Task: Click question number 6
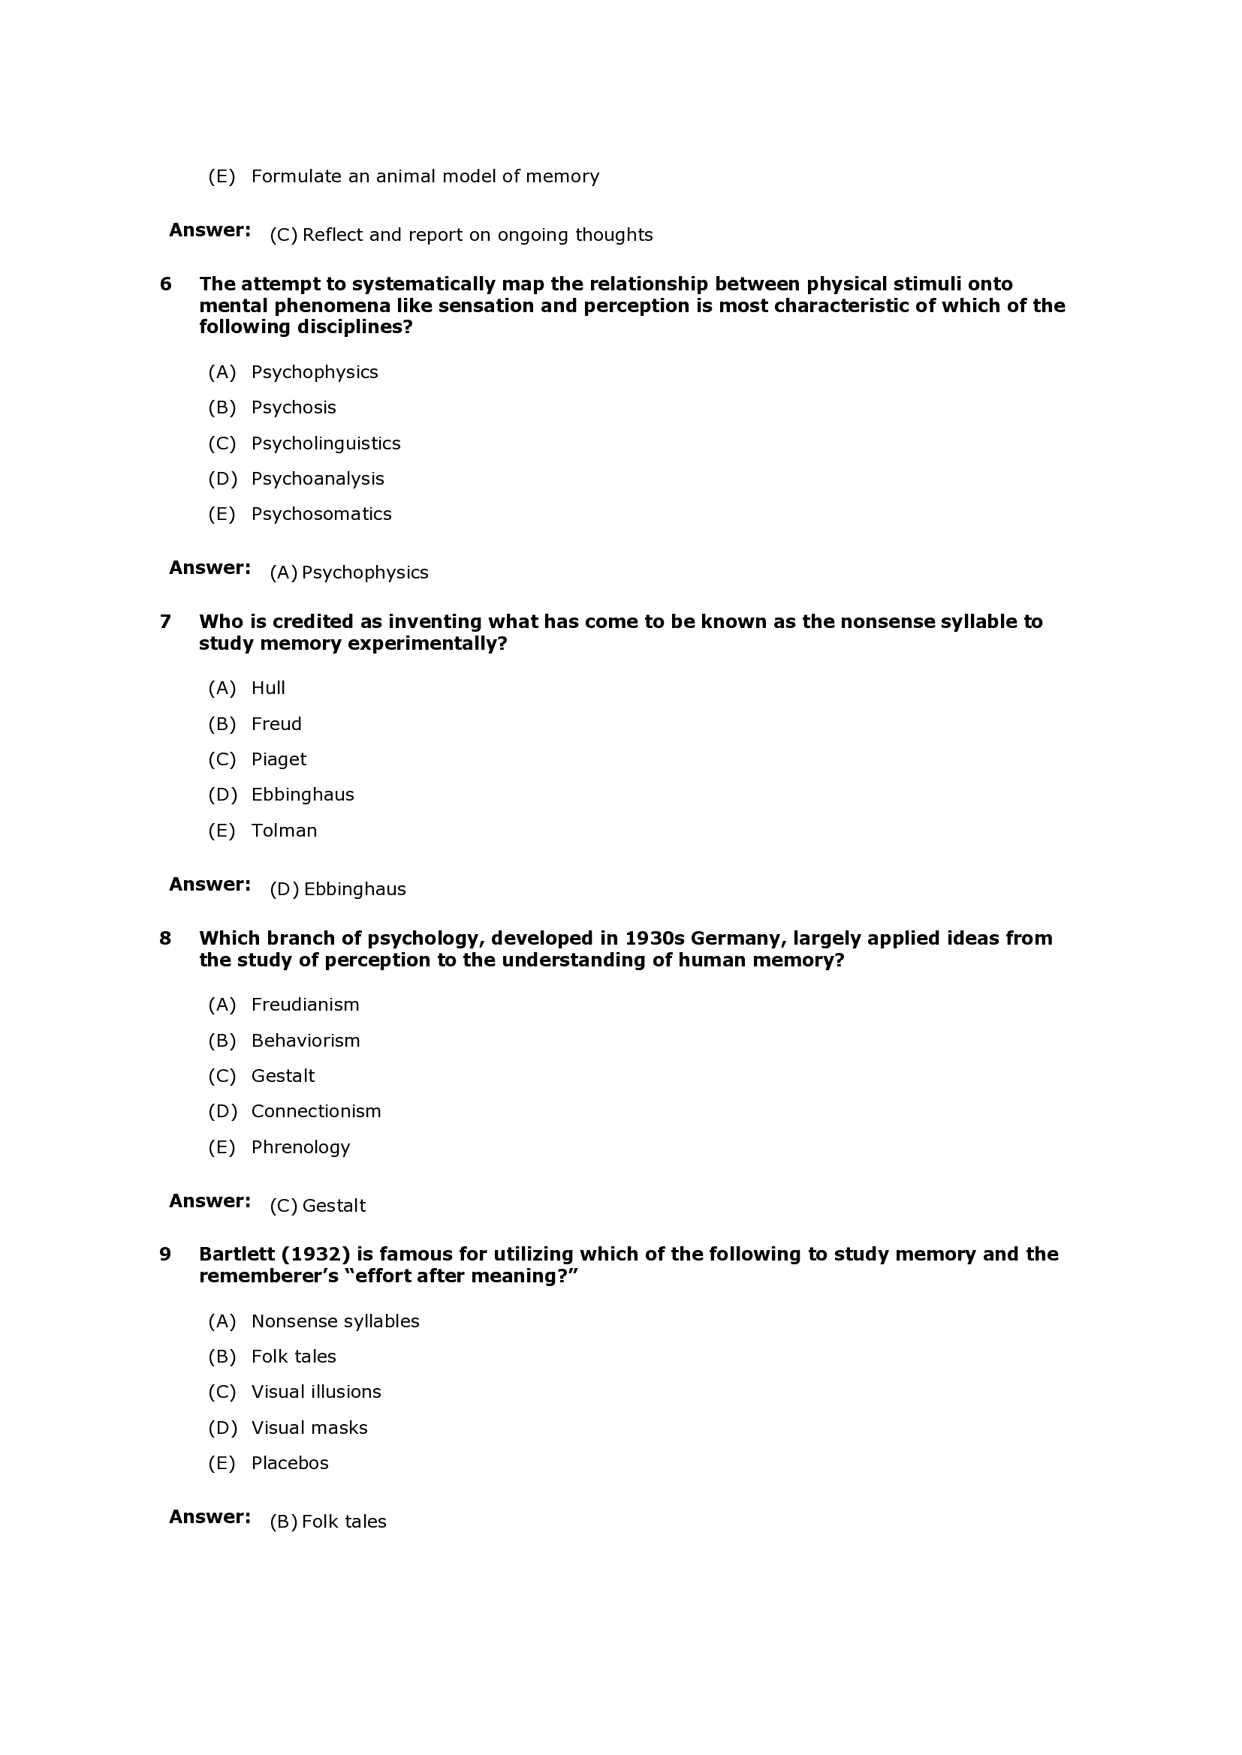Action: point(165,284)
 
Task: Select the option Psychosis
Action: point(293,407)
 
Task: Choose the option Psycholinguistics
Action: point(326,443)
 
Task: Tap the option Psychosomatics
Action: point(321,514)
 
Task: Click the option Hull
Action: point(267,688)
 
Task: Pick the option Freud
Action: point(276,724)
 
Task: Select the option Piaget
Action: point(279,759)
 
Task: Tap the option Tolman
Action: point(284,830)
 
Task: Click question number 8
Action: point(165,938)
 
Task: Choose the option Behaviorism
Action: point(305,1040)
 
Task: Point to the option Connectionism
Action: point(316,1110)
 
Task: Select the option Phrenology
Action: point(300,1146)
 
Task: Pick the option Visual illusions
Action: point(316,1391)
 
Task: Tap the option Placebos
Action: point(290,1462)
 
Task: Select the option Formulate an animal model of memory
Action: point(425,176)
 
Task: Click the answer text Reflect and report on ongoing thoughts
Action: point(478,235)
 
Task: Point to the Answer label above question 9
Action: point(210,1201)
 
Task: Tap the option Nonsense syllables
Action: point(335,1321)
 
